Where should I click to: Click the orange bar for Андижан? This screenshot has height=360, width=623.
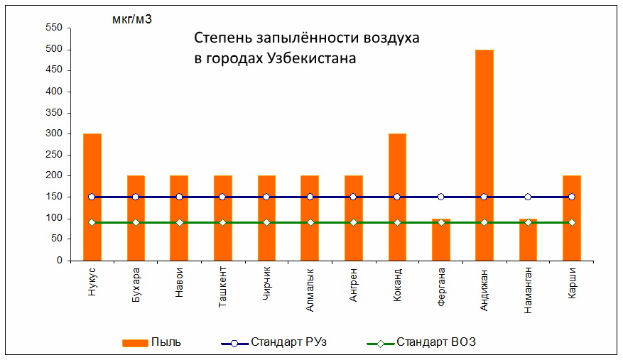(484, 142)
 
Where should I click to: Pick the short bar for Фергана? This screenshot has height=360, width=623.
(440, 241)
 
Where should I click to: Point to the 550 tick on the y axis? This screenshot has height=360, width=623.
(54, 28)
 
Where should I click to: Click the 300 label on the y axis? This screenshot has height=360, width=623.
(54, 133)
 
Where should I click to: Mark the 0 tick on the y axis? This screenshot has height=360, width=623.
(60, 261)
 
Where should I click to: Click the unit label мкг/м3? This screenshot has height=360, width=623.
(132, 19)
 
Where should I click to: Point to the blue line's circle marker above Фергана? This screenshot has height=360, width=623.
(440, 197)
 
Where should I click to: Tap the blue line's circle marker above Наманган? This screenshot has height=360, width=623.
(528, 197)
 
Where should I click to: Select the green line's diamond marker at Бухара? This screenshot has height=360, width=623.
(136, 223)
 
